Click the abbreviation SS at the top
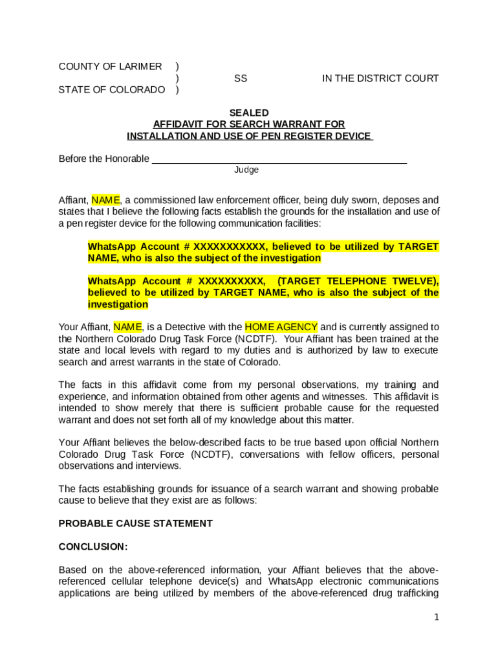pos(241,78)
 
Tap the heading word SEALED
pos(249,113)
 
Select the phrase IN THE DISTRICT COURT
pos(380,78)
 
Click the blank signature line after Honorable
pos(279,159)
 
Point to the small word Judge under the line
pos(246,170)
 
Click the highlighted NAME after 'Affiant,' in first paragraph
pos(105,200)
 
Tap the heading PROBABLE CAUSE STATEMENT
pos(136,523)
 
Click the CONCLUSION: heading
pos(93,546)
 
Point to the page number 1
pos(437,618)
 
